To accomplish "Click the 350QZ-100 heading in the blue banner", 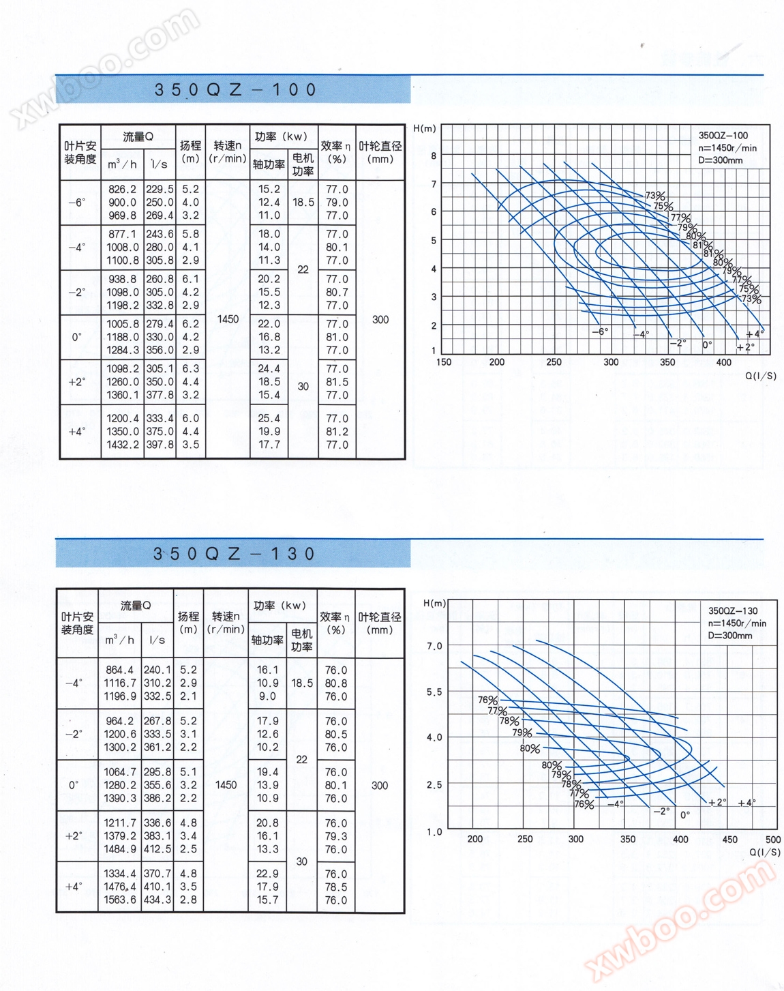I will pyautogui.click(x=235, y=90).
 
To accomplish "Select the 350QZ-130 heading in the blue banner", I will pyautogui.click(x=234, y=554).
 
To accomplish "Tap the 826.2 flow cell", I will pyautogui.click(x=122, y=190).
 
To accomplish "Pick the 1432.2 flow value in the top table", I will pyautogui.click(x=122, y=445).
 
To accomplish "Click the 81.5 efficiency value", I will pyautogui.click(x=337, y=382).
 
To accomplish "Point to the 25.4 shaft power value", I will pyautogui.click(x=269, y=418).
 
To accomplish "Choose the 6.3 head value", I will pyautogui.click(x=190, y=368).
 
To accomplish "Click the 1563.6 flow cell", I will pyautogui.click(x=120, y=900).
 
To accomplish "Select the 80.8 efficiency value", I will pyautogui.click(x=335, y=683).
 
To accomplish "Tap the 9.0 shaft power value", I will pyautogui.click(x=267, y=696).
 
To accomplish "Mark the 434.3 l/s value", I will pyautogui.click(x=157, y=900).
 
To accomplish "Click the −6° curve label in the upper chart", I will pyautogui.click(x=599, y=331).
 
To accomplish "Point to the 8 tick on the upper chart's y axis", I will pyautogui.click(x=434, y=156).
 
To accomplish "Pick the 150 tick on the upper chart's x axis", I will pyautogui.click(x=444, y=362).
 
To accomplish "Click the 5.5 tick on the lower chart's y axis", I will pyautogui.click(x=434, y=692).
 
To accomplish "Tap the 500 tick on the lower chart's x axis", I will pyautogui.click(x=773, y=840).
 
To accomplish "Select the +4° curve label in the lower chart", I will pyautogui.click(x=747, y=803).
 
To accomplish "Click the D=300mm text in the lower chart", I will pyautogui.click(x=730, y=636).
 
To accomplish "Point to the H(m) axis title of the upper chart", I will pyautogui.click(x=425, y=128).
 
